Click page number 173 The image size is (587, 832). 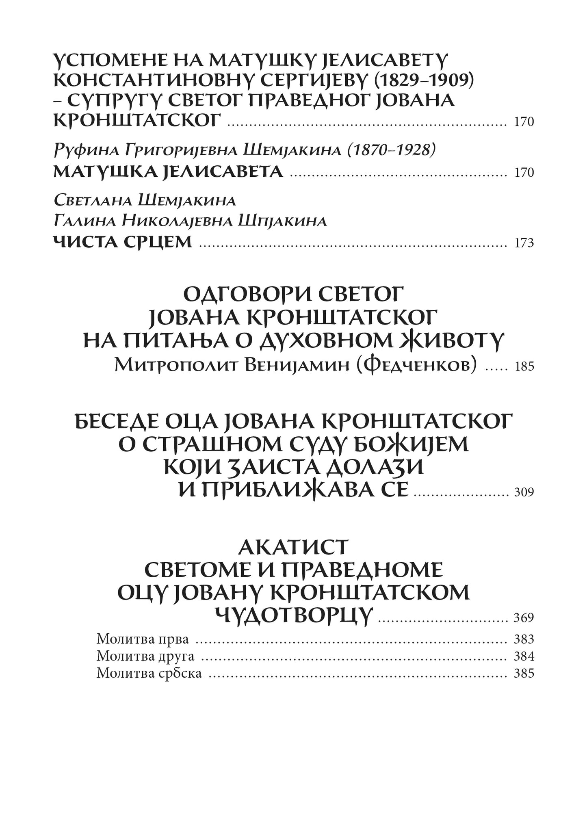pos(524,243)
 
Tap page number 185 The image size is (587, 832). pos(524,367)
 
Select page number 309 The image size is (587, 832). pos(524,493)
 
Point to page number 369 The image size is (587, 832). pos(524,618)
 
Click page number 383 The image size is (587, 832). pos(524,639)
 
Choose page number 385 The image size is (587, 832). pos(524,674)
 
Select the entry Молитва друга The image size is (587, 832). pos(146,656)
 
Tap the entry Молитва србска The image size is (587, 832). pos(149,674)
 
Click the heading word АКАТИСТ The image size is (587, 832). pos(293,547)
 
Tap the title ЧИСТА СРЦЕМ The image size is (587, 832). pos(123,242)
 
